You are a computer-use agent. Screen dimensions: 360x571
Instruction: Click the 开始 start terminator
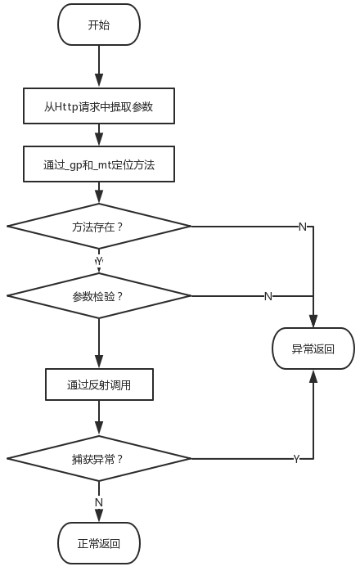click(x=99, y=25)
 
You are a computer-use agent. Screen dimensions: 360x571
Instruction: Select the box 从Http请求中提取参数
click(x=99, y=106)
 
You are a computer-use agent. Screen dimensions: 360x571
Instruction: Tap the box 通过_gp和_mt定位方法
click(x=99, y=164)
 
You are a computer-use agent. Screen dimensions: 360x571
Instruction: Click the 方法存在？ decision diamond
click(x=99, y=227)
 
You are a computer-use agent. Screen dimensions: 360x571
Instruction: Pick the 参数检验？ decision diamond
click(x=99, y=296)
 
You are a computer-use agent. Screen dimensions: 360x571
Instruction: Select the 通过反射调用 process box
click(x=99, y=384)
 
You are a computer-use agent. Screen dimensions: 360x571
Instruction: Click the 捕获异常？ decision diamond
click(x=99, y=459)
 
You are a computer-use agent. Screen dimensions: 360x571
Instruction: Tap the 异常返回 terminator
click(x=313, y=348)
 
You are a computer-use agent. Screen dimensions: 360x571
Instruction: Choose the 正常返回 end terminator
click(x=99, y=543)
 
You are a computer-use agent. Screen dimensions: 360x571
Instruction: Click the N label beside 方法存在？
click(x=303, y=227)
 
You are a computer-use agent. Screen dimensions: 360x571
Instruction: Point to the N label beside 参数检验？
click(x=268, y=296)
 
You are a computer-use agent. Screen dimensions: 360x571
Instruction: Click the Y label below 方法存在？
click(x=99, y=261)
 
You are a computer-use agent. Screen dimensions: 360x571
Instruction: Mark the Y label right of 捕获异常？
click(x=297, y=459)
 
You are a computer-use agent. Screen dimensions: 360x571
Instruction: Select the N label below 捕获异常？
click(x=99, y=502)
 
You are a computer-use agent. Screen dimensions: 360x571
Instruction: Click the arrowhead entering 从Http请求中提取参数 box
click(x=99, y=81)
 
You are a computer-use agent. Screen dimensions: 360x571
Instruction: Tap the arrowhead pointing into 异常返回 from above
click(x=313, y=321)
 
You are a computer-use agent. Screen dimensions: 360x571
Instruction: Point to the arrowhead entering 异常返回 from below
click(x=313, y=376)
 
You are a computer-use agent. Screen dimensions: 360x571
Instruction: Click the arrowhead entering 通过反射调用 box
click(x=99, y=362)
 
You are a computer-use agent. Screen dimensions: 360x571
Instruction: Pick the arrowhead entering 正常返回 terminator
click(x=99, y=515)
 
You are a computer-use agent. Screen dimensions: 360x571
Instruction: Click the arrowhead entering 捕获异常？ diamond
click(x=99, y=429)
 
